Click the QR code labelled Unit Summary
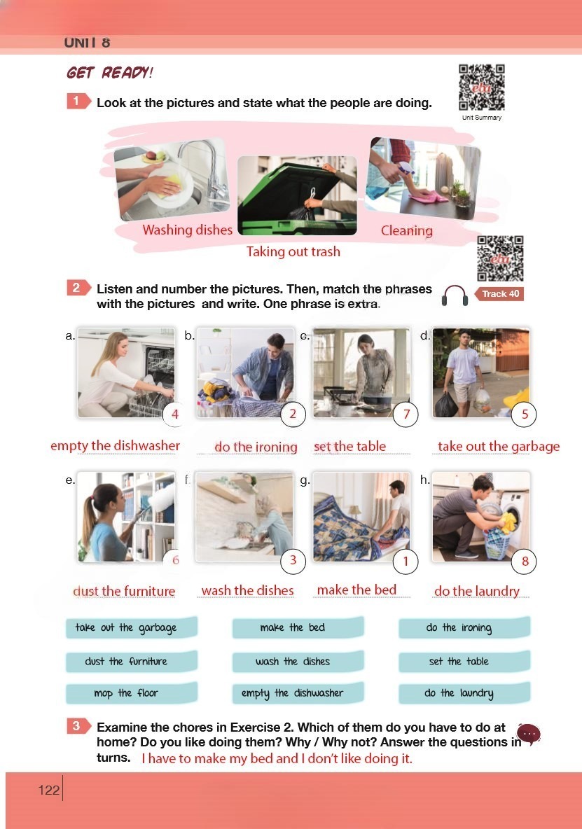[x=482, y=88]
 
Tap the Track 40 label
[x=499, y=294]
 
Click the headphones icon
[x=455, y=295]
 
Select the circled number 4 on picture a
[x=175, y=414]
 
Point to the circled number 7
[x=406, y=414]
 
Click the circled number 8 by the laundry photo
[x=525, y=561]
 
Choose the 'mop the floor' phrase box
[x=132, y=693]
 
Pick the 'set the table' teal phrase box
[x=464, y=662]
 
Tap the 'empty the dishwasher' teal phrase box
[x=298, y=693]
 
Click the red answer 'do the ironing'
[x=256, y=447]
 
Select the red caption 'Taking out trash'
[x=293, y=251]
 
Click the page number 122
[x=48, y=790]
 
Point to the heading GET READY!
[x=110, y=72]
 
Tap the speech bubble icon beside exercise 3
[x=529, y=734]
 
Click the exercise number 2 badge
[x=78, y=288]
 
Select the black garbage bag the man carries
[x=445, y=405]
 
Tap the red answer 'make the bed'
[x=356, y=590]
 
